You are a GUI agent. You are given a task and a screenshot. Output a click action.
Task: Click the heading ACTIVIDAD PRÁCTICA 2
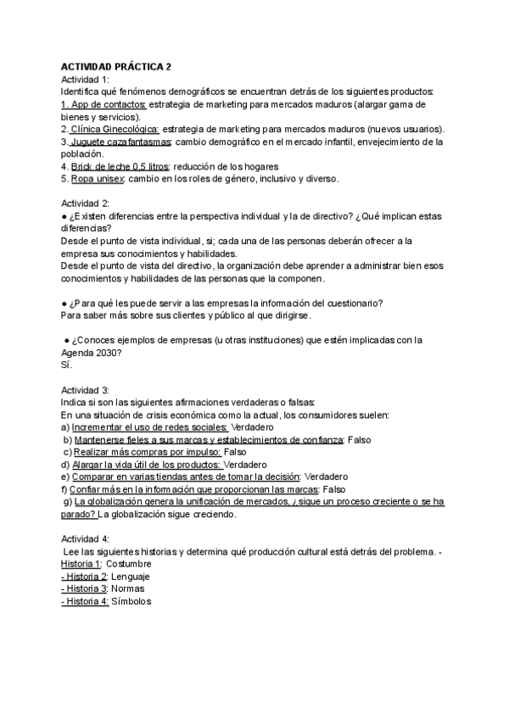click(116, 66)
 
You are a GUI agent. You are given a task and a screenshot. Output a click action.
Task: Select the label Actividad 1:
click(86, 79)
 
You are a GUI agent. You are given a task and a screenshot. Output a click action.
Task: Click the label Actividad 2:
click(86, 203)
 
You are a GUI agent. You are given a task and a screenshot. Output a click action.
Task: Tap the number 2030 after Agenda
click(109, 354)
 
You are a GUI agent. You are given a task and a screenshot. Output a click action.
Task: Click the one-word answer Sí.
click(67, 366)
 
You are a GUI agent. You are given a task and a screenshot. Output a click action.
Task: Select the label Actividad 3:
click(86, 391)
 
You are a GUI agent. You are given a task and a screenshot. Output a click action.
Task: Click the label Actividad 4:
click(86, 539)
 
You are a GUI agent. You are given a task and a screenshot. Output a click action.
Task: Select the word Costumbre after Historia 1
click(133, 565)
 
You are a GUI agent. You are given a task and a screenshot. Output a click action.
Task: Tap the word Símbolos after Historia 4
click(132, 602)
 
